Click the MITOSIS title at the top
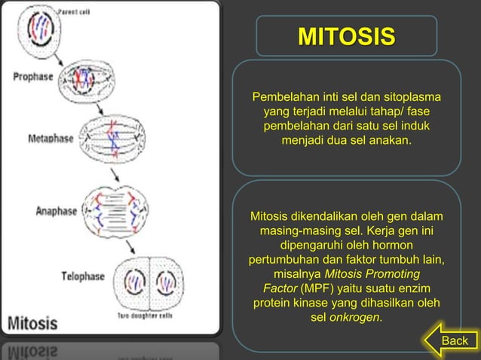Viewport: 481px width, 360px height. (x=346, y=36)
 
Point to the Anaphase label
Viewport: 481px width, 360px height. (x=57, y=211)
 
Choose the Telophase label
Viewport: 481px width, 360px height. (x=83, y=276)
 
